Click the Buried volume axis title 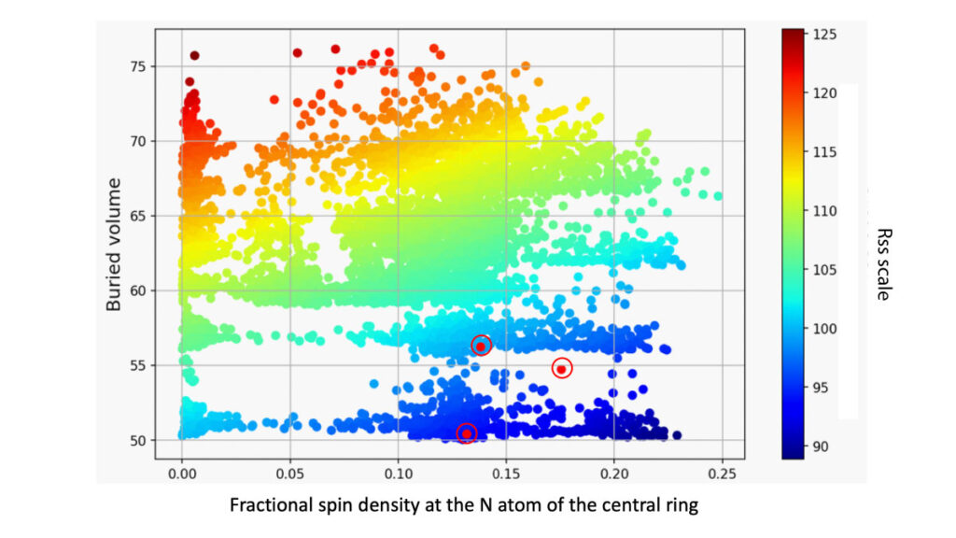tap(114, 244)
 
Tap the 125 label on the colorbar tap(823, 35)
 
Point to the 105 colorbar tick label tap(823, 270)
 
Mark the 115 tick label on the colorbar tap(823, 152)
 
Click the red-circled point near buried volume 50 tap(467, 433)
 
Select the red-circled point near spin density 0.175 tap(562, 369)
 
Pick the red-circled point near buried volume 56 tap(481, 347)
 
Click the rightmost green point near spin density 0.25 tap(718, 196)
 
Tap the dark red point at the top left tap(195, 56)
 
